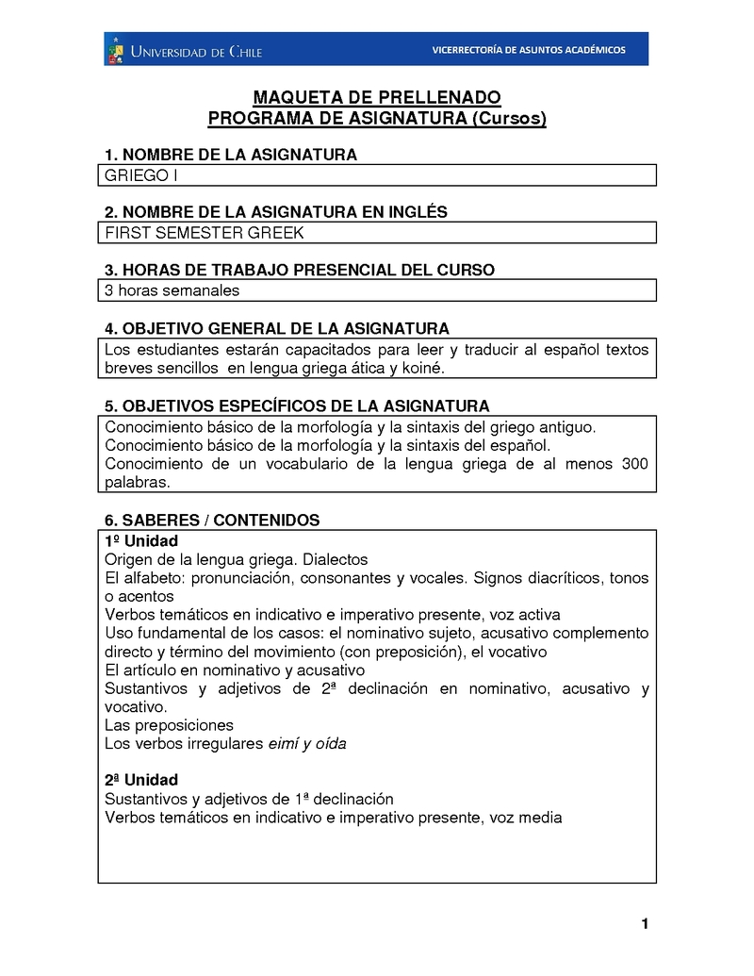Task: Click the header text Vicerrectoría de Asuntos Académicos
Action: (x=528, y=50)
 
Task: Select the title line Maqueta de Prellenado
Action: (x=377, y=98)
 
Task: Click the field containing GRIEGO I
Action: (x=377, y=175)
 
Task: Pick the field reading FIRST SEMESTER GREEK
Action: (x=377, y=233)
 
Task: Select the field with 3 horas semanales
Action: (x=377, y=290)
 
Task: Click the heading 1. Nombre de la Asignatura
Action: (x=230, y=155)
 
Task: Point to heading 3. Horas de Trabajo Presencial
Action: (x=299, y=270)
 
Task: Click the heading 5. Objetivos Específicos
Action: (x=297, y=405)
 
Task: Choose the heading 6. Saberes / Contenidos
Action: (x=212, y=520)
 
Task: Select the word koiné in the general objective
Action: (x=421, y=368)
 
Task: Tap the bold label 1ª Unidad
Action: (x=140, y=540)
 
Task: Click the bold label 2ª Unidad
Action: (x=140, y=780)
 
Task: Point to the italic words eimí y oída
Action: (x=307, y=743)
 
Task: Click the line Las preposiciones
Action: (x=169, y=725)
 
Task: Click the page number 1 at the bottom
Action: (x=645, y=923)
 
